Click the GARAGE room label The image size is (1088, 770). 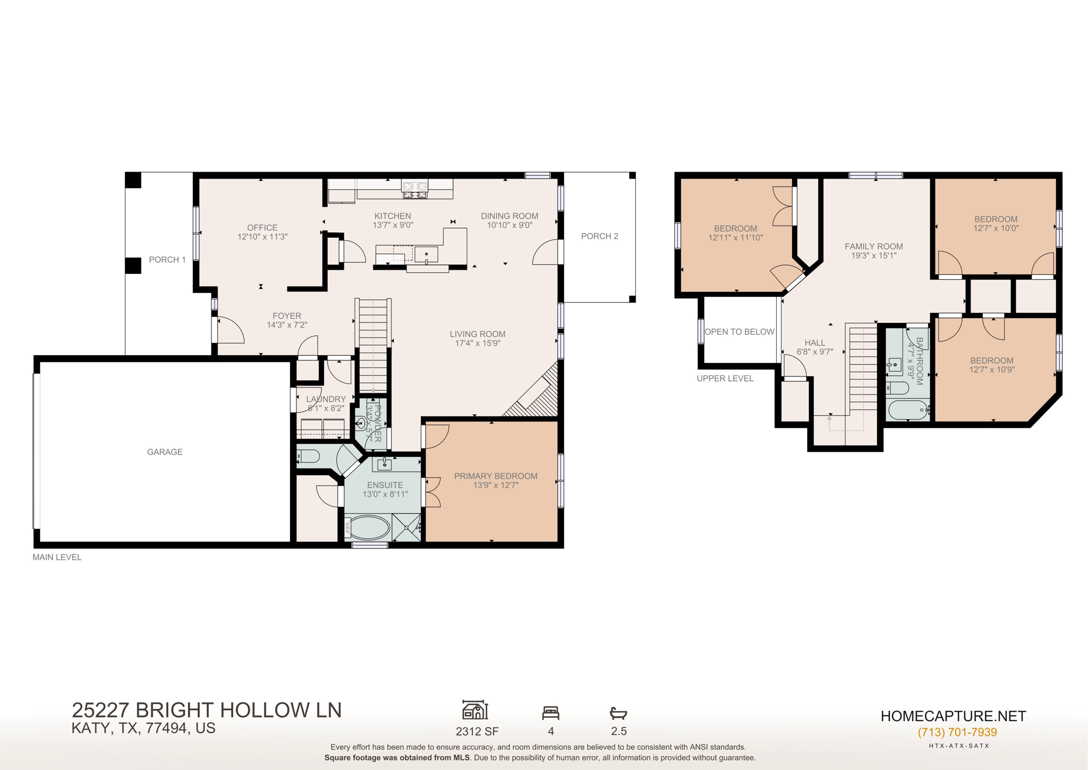[165, 452]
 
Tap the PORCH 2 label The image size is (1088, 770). [599, 236]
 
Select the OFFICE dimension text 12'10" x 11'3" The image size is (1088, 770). [262, 237]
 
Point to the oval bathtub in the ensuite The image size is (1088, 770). [370, 528]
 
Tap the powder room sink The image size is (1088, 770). [361, 424]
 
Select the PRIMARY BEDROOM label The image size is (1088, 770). [496, 476]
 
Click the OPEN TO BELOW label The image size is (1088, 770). [739, 332]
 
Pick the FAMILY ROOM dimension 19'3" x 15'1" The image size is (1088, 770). [874, 256]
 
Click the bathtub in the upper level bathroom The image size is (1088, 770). [907, 410]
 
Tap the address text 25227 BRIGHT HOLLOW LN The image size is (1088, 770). [207, 710]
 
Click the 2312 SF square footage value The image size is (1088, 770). [477, 732]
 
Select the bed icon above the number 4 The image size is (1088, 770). [551, 713]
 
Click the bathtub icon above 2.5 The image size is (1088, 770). [618, 713]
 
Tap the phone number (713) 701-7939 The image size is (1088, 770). [957, 732]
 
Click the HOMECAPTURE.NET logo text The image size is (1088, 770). [953, 716]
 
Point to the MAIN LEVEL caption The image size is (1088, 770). [57, 557]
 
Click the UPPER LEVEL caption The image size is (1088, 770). [725, 379]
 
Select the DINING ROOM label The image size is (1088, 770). [509, 216]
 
